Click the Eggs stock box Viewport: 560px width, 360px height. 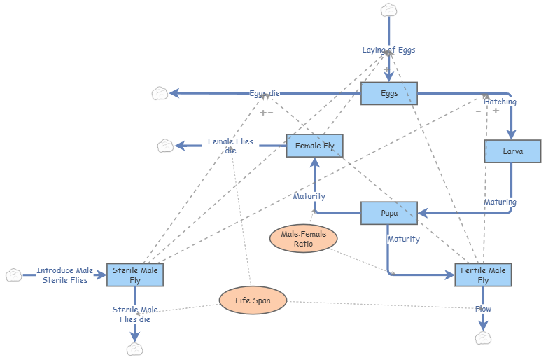389,93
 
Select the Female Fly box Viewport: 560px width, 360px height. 314,146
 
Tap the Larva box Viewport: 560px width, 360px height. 513,151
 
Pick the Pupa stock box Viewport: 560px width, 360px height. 389,213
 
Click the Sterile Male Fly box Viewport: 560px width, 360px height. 135,275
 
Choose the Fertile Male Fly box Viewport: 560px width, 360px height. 483,275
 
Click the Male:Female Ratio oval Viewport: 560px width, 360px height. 303,239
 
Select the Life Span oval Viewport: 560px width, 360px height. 253,300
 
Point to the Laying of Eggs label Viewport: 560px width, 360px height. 388,50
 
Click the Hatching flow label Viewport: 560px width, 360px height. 500,102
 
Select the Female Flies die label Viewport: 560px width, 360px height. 230,146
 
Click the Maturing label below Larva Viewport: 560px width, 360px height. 500,202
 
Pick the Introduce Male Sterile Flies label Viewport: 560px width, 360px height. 64,275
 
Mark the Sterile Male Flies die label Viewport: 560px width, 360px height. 135,314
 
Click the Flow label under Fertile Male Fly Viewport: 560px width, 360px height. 483,309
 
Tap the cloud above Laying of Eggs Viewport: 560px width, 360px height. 388,10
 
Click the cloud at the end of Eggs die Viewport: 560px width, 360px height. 160,93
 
